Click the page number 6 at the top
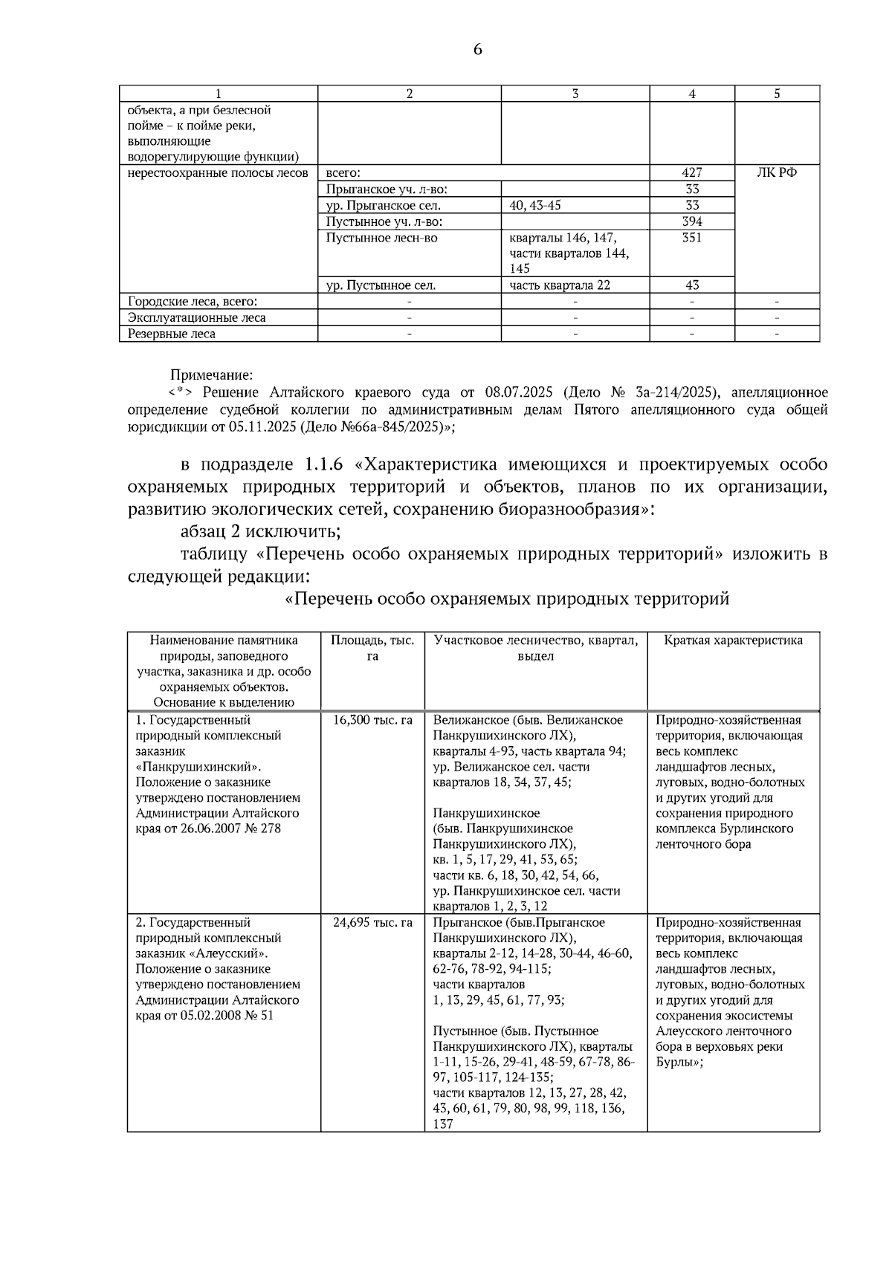[476, 49]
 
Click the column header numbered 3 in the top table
[575, 94]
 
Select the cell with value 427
[691, 172]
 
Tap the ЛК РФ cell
[777, 172]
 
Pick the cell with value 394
[691, 221]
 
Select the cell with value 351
[691, 238]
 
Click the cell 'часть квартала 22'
[560, 285]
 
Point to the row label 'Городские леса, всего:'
[193, 301]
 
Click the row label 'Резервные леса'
[172, 334]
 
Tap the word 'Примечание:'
[211, 375]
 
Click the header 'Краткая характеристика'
[733, 640]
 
